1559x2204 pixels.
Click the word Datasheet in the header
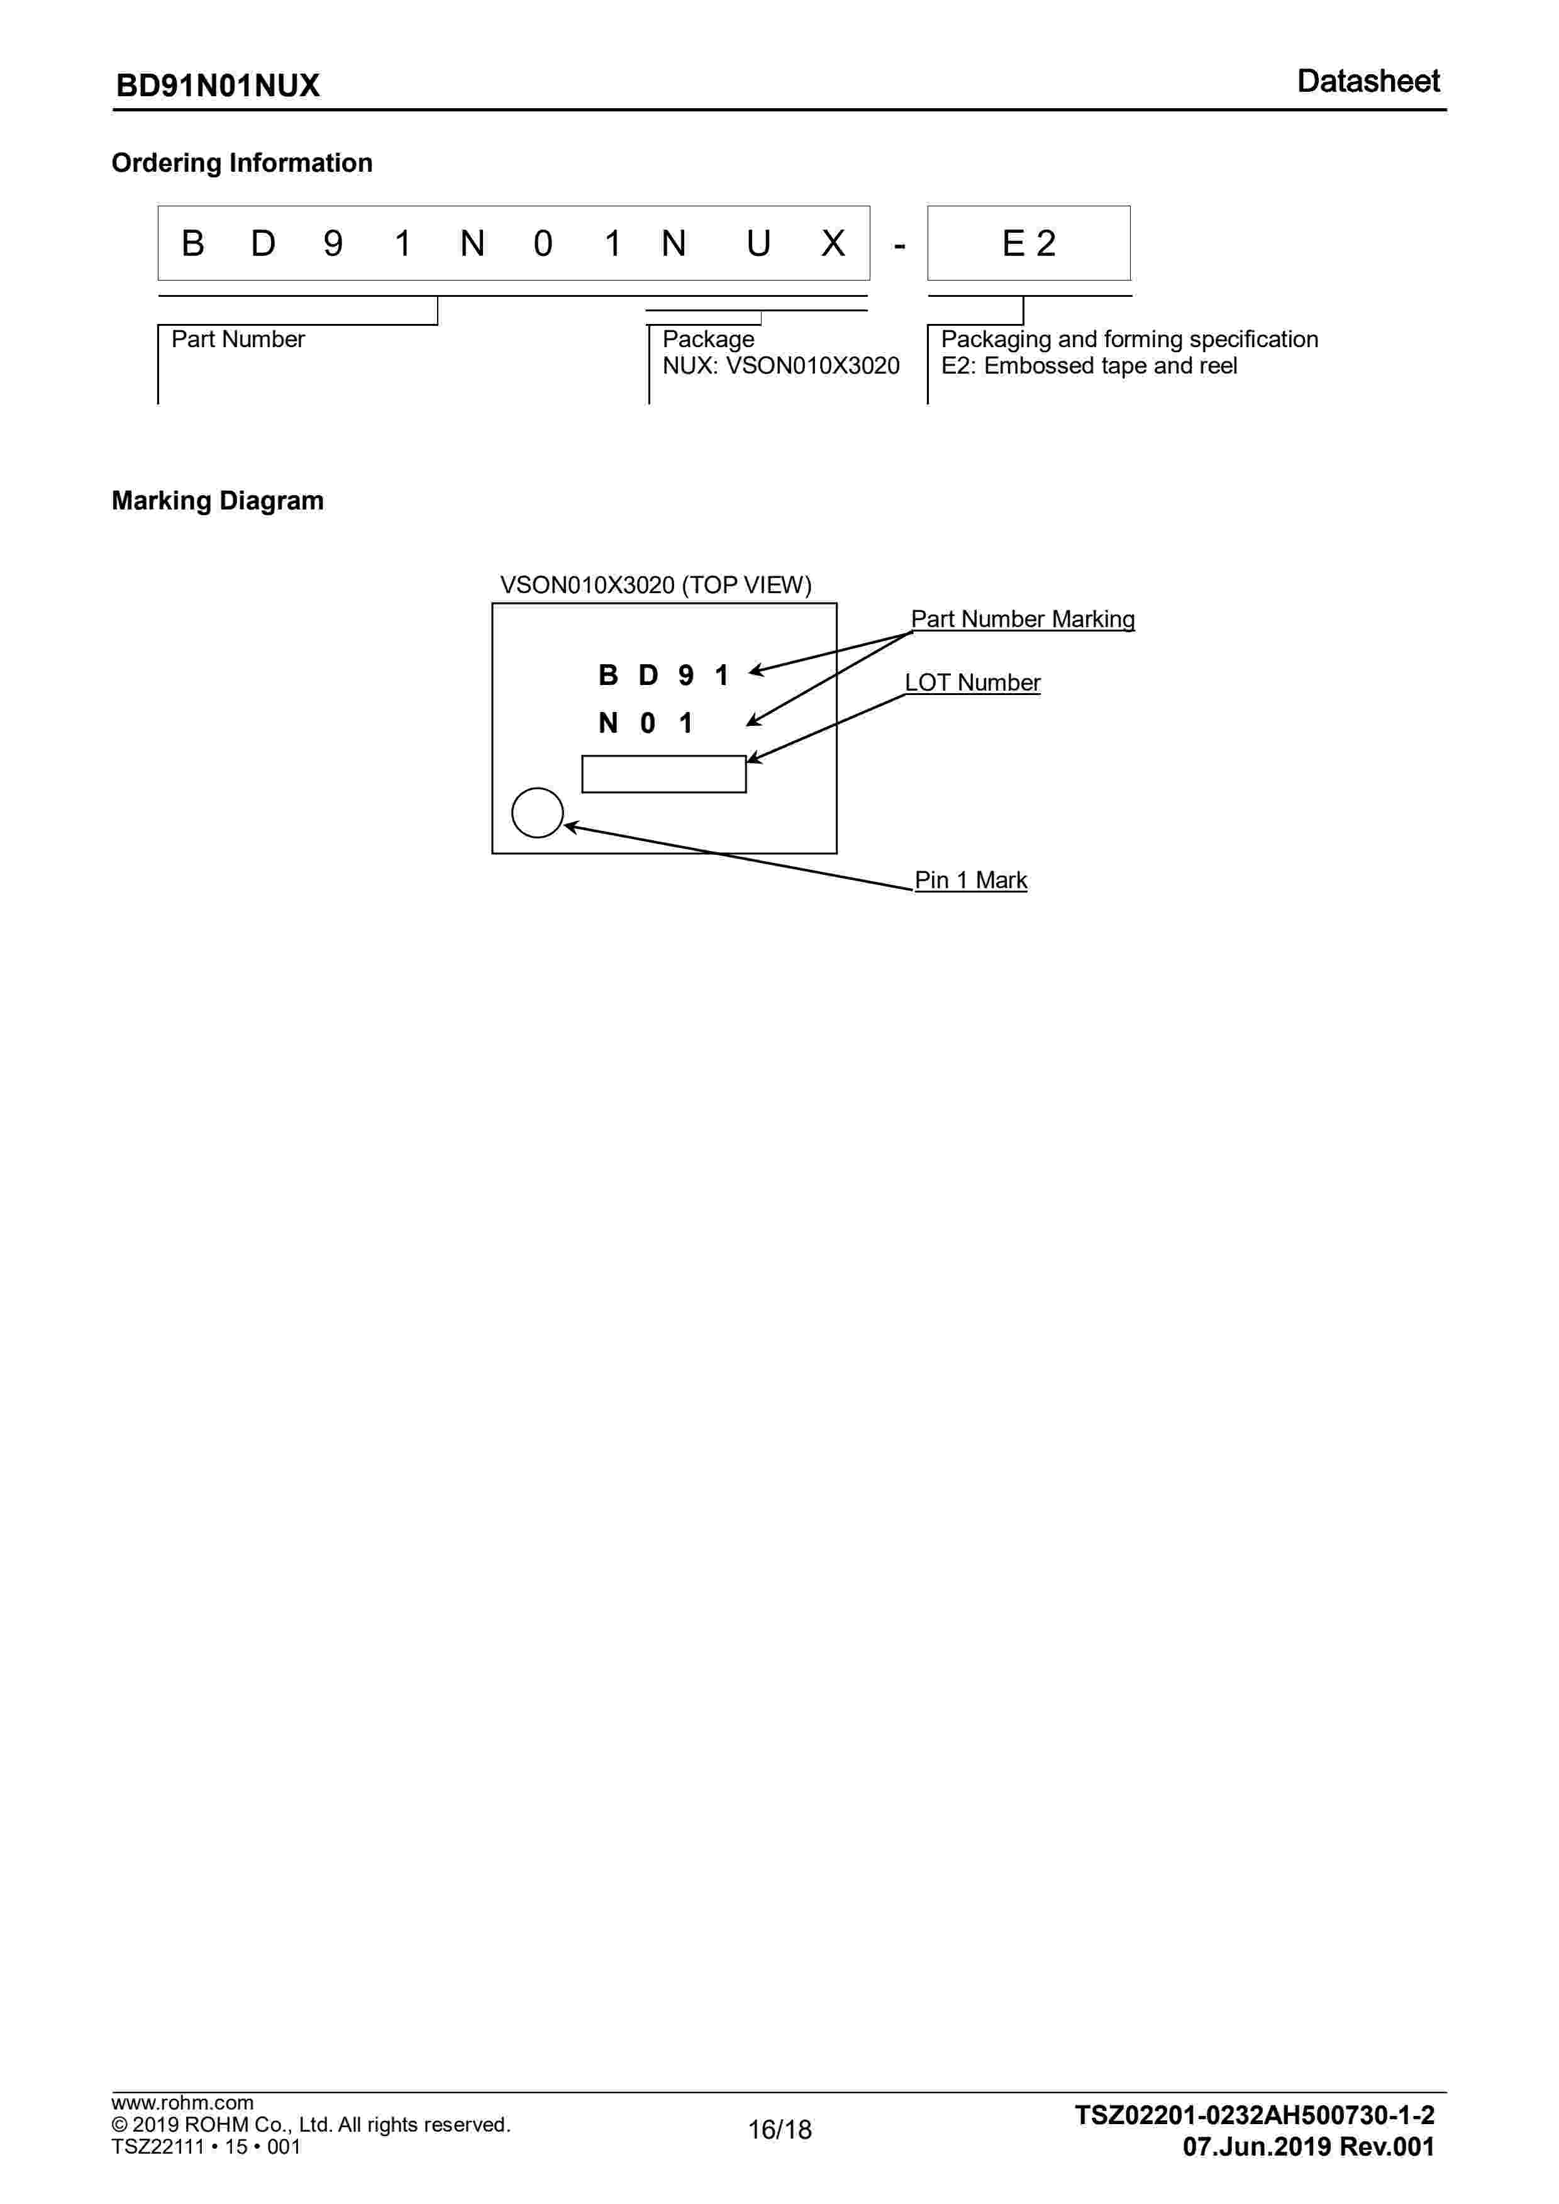1367,82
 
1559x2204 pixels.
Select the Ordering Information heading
242,163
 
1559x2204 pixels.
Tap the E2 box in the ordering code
1028,244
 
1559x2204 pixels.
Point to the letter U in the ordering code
757,244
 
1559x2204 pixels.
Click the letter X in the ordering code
832,244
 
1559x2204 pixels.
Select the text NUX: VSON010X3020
780,365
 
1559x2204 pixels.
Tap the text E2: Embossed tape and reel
1089,365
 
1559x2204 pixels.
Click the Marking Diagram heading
218,501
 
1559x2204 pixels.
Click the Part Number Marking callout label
1023,619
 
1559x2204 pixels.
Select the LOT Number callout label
972,682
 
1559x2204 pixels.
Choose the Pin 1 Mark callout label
970,880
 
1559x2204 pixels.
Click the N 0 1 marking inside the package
645,723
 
